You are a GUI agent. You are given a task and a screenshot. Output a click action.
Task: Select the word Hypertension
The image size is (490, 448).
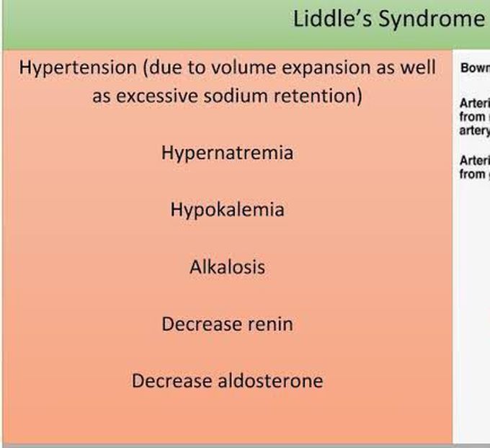coord(78,68)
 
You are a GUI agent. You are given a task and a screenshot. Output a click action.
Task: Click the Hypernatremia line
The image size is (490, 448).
coord(227,153)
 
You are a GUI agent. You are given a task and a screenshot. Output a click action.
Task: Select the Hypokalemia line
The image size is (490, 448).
coord(227,210)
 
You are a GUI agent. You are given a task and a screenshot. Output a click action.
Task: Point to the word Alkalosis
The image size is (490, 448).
coord(227,266)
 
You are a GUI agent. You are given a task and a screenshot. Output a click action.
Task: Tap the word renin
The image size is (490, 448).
coord(267,323)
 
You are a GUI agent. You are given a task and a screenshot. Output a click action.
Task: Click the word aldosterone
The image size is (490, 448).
coord(270,380)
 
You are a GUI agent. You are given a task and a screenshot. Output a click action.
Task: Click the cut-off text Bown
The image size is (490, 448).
coord(474,69)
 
